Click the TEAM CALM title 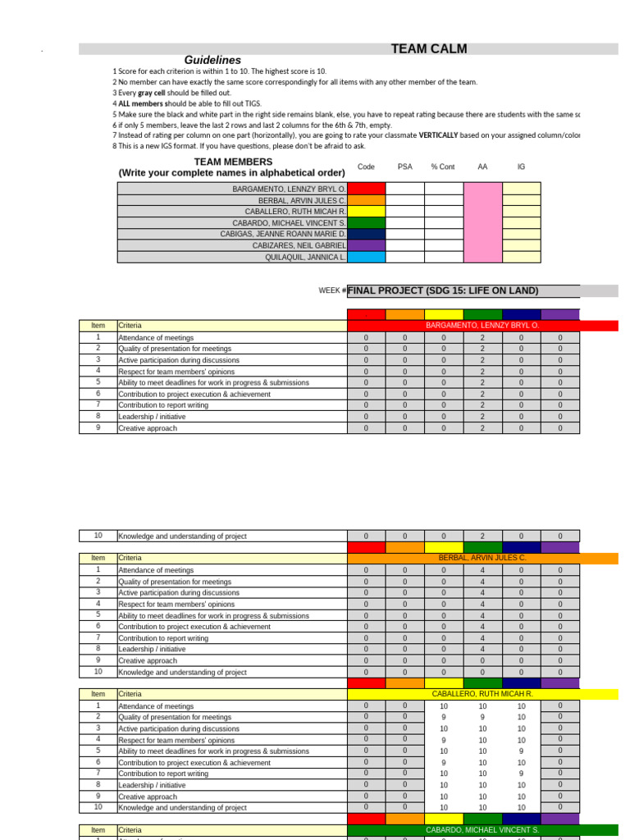pos(429,49)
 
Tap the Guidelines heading pos(212,60)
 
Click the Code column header pos(366,167)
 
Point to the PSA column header pos(405,167)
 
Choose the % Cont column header pos(443,167)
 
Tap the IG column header pos(521,167)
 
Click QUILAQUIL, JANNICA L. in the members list pos(305,257)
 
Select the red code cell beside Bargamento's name pos(366,189)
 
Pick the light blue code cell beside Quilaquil pos(366,257)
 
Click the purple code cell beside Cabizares pos(366,245)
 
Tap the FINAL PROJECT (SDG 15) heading pos(443,290)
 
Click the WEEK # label pos(332,291)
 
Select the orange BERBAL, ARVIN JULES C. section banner pos(482,558)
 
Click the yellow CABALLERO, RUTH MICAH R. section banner pos(482,694)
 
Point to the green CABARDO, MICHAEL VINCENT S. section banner pos(482,830)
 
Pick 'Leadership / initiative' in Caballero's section pos(152,785)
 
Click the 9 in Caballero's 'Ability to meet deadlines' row pos(521,751)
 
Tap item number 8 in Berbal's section pos(98,649)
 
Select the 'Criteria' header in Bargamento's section pos(130,326)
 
